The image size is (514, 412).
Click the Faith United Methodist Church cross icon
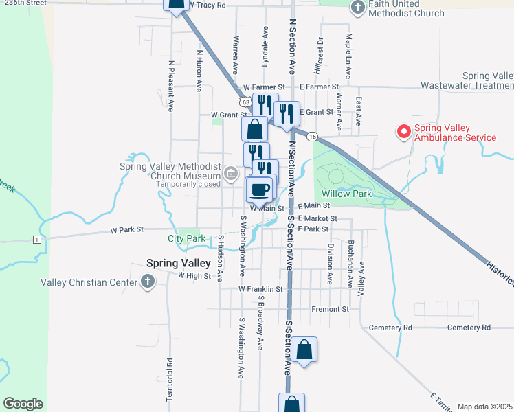point(357,8)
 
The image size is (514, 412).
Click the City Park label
point(186,239)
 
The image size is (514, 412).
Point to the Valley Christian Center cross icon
point(148,281)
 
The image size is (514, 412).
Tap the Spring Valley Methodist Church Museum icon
point(230,172)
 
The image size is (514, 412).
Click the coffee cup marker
point(260,190)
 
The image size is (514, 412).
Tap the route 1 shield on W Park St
point(36,239)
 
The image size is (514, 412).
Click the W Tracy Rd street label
point(206,5)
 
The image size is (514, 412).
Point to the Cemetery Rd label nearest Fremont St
point(389,328)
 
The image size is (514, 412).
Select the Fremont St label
point(331,310)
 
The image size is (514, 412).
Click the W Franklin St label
point(260,290)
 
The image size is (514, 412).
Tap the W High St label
point(193,275)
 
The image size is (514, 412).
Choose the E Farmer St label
point(320,87)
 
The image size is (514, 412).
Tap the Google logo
point(23,404)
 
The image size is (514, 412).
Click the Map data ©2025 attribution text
point(485,407)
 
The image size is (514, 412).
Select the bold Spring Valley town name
point(176,262)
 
